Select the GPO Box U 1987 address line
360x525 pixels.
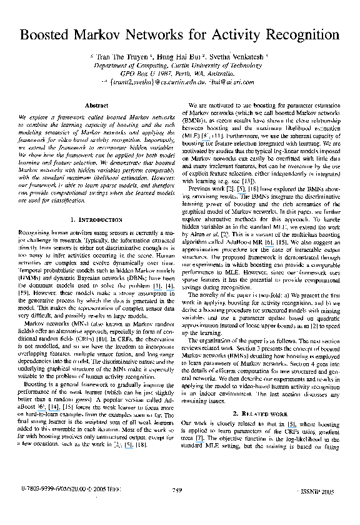coord(180,73)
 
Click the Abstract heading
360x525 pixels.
coord(96,106)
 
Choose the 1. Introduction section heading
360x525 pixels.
coord(96,220)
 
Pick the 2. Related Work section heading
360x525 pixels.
coord(262,431)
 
